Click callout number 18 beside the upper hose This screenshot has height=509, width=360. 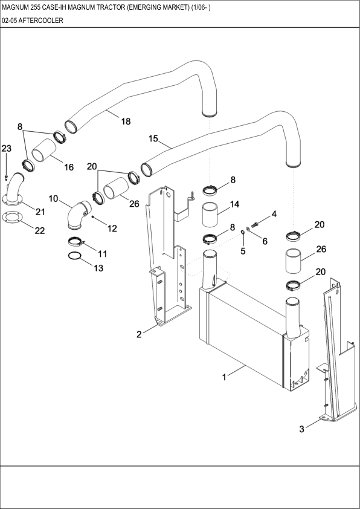(x=126, y=122)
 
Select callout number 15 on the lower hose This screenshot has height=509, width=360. (x=153, y=138)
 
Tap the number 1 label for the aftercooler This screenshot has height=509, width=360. (x=224, y=377)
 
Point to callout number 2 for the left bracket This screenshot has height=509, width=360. (x=139, y=334)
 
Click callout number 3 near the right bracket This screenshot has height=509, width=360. (x=301, y=429)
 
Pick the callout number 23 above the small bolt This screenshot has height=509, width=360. (x=7, y=148)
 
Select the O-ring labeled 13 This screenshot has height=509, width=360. (x=74, y=256)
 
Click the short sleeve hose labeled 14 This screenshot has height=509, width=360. (x=210, y=214)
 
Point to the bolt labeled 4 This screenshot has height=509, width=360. (x=255, y=224)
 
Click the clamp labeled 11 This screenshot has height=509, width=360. (x=76, y=242)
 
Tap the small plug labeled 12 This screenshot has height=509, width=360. (x=93, y=217)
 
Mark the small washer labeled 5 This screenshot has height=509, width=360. (x=242, y=232)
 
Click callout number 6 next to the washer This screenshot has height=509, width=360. (x=265, y=241)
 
